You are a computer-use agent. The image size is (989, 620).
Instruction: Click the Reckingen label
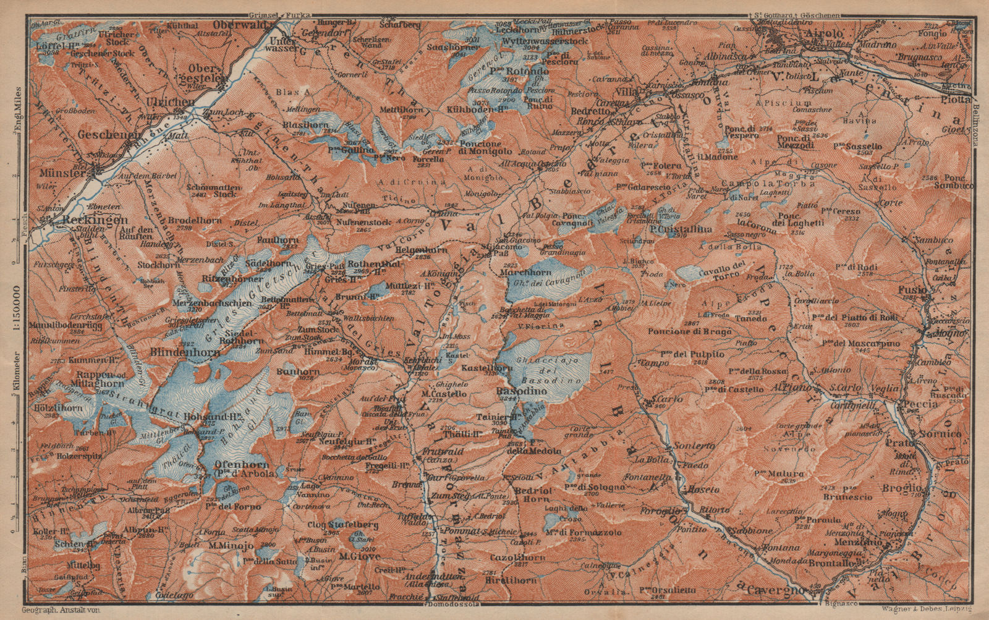coord(91,219)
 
